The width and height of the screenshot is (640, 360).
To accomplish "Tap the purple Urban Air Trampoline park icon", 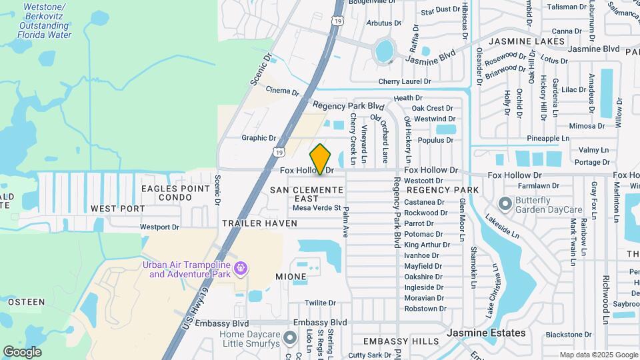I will point(241,269).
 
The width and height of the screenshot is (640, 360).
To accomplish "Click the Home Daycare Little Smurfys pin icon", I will point(289,339).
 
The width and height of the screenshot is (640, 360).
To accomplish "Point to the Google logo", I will point(23,351).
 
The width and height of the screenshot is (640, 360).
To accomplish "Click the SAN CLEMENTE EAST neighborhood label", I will point(307,195).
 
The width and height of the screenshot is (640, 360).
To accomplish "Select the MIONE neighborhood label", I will point(291,276).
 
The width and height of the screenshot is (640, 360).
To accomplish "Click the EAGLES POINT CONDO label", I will point(176,193).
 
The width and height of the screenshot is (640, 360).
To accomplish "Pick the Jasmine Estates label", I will point(486,332).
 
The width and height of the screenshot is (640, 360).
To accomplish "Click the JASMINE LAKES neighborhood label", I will point(527,41).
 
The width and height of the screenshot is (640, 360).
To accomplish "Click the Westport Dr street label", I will point(159,227).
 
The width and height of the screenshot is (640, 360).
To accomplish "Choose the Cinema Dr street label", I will point(282,91).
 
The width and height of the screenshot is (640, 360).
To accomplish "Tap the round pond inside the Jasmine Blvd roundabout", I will point(385,50).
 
